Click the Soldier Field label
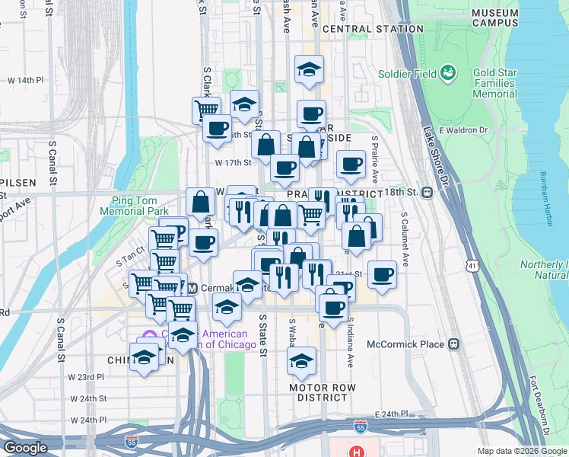click(x=407, y=75)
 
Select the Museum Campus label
click(x=494, y=18)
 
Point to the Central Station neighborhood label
click(x=373, y=29)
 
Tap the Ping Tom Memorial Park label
click(x=134, y=205)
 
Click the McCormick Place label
click(x=410, y=344)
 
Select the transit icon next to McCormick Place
click(x=453, y=344)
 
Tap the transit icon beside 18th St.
click(x=428, y=192)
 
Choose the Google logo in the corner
click(x=26, y=448)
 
